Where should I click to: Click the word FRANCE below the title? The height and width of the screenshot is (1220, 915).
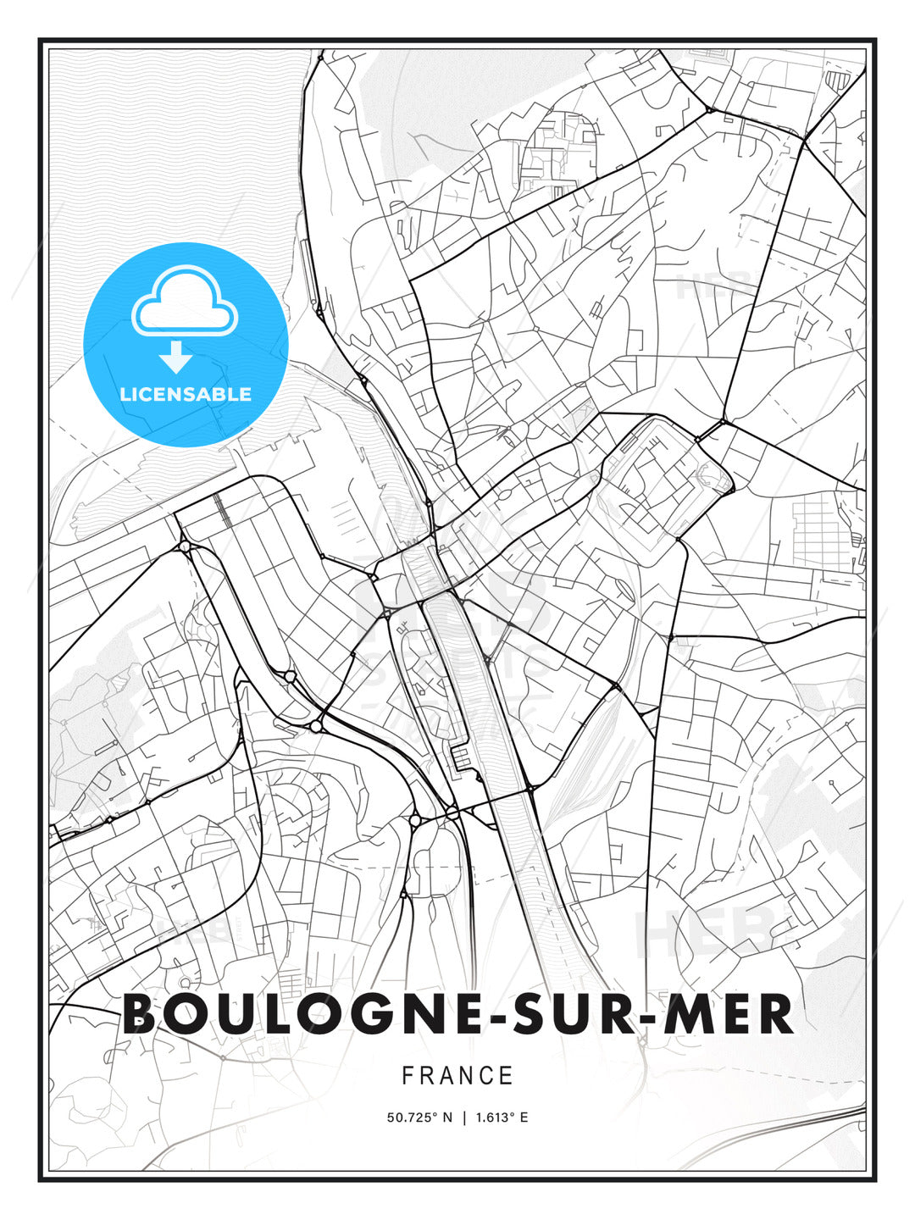[x=457, y=1076]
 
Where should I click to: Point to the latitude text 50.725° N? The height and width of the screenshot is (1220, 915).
[x=419, y=1117]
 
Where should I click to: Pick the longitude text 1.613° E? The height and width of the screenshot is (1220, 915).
[x=502, y=1117]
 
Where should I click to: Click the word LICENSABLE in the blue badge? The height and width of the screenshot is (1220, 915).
[x=186, y=394]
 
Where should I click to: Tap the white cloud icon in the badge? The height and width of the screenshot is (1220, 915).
[x=184, y=302]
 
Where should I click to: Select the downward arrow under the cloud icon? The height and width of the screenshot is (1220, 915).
[x=176, y=358]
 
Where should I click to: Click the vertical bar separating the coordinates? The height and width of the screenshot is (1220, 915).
[x=463, y=1117]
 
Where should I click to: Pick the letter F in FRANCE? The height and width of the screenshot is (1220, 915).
[x=408, y=1076]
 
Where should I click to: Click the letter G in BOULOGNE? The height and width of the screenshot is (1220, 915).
[x=363, y=1014]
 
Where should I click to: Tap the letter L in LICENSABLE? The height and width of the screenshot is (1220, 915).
[x=125, y=394]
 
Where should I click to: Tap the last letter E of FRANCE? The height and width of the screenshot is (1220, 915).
[x=507, y=1076]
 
